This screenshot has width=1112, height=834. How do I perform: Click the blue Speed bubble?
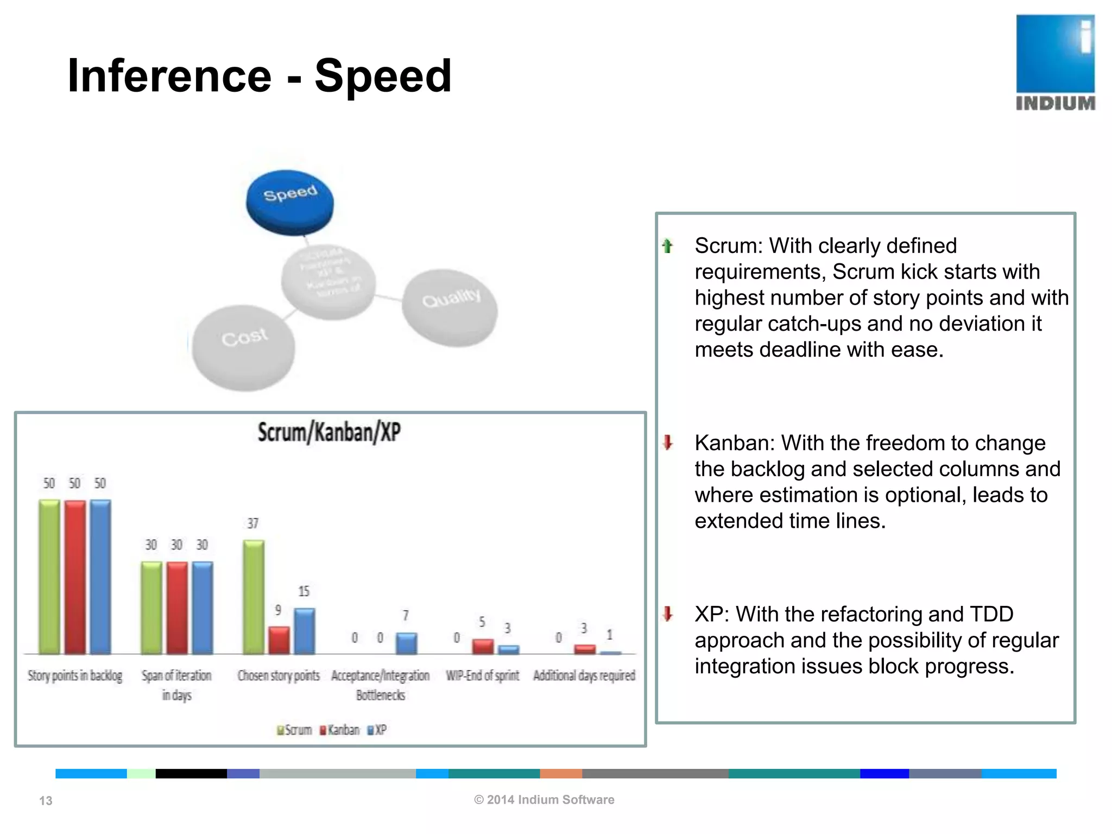(289, 202)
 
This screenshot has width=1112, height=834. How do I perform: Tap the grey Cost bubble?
(244, 347)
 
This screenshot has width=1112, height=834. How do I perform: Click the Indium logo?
(1055, 62)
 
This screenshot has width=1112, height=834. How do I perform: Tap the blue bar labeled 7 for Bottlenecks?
(406, 643)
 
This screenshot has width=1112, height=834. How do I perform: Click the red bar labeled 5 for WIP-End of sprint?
(483, 646)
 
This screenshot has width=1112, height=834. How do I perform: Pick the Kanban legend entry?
(340, 730)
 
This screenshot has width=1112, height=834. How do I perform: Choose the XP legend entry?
(377, 730)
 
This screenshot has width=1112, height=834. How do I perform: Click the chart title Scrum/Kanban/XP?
(329, 433)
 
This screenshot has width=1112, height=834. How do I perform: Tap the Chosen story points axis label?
(279, 675)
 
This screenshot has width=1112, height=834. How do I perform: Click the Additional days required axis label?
(584, 675)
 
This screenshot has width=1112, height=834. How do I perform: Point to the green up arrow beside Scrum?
(668, 246)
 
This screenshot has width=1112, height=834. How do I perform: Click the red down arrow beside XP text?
(668, 614)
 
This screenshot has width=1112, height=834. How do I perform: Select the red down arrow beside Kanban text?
(668, 443)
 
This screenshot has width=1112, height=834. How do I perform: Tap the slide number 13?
(46, 800)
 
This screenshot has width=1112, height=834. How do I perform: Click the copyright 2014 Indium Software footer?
(544, 799)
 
